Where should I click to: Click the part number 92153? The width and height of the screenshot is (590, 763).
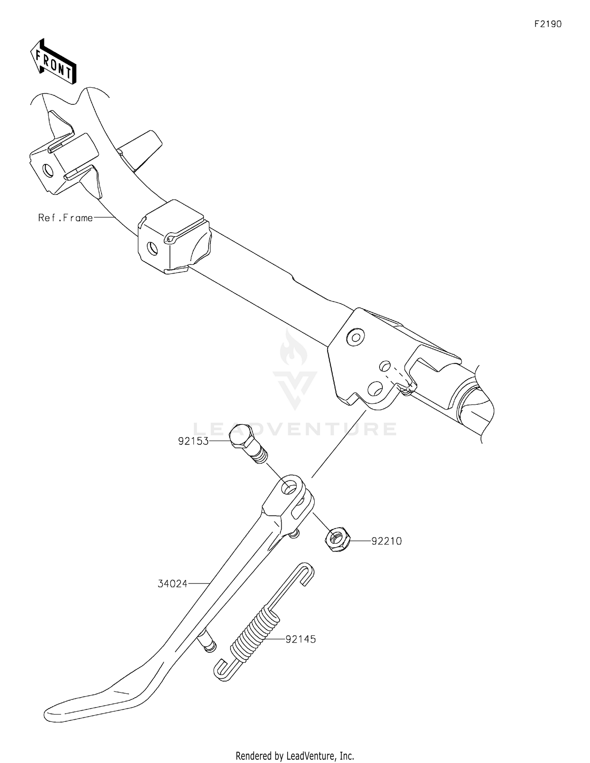pyautogui.click(x=193, y=441)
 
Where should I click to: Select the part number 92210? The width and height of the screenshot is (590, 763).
pyautogui.click(x=387, y=541)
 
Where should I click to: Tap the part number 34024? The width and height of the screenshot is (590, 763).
pyautogui.click(x=173, y=583)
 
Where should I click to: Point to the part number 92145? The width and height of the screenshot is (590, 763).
pyautogui.click(x=301, y=639)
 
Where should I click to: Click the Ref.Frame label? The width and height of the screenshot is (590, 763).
pyautogui.click(x=66, y=218)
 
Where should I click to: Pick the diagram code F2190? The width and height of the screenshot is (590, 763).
pyautogui.click(x=548, y=24)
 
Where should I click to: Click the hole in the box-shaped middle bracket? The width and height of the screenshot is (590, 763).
pyautogui.click(x=152, y=248)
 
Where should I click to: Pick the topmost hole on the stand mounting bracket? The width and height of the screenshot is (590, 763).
pyautogui.click(x=356, y=337)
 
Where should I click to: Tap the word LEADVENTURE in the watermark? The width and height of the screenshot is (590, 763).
pyautogui.click(x=295, y=429)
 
